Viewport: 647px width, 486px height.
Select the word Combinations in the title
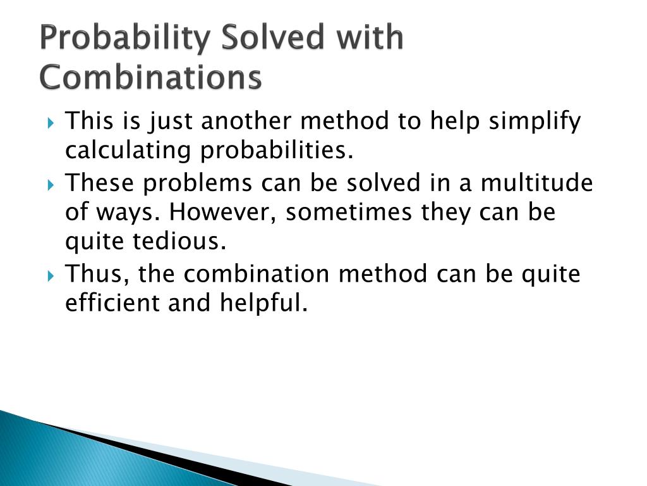click(150, 78)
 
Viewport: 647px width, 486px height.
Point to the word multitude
click(536, 183)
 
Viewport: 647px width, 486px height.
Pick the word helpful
click(264, 304)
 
